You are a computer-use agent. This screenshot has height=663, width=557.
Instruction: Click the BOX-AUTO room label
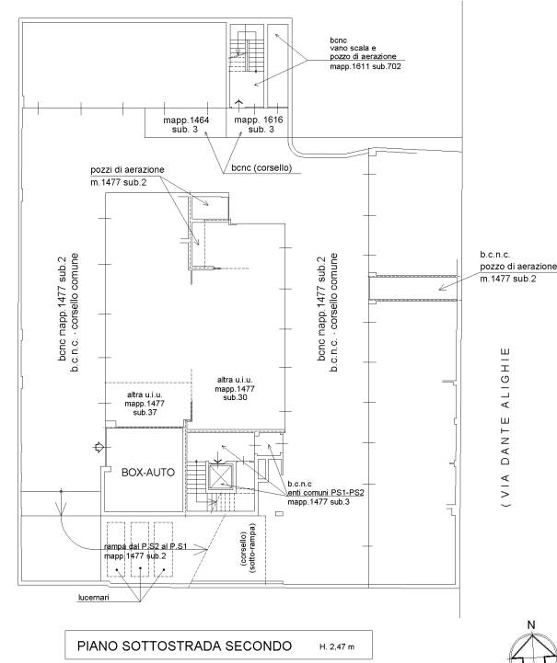click(148, 473)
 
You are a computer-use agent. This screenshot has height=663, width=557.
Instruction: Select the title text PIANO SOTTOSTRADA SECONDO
click(184, 646)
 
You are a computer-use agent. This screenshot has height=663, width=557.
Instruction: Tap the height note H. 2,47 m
click(337, 647)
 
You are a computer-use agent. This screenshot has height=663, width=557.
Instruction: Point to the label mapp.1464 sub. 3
click(186, 125)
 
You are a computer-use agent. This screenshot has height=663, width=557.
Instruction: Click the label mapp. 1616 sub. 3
click(259, 125)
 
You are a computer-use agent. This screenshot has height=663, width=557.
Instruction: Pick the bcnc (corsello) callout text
click(261, 168)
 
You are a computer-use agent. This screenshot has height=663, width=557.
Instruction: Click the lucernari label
click(94, 598)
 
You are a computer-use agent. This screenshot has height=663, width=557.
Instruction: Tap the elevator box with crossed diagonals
click(220, 476)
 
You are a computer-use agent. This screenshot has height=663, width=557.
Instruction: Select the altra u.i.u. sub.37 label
click(145, 404)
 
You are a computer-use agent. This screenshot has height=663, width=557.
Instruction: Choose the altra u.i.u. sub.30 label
click(235, 389)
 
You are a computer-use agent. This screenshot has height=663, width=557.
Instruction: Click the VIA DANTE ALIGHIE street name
click(505, 427)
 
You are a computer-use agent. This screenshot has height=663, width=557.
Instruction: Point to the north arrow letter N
click(531, 624)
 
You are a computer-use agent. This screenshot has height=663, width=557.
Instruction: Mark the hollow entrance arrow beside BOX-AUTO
click(99, 447)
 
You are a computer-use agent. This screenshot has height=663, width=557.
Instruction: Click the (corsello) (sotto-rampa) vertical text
click(249, 548)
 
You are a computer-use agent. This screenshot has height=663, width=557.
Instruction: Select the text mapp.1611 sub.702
click(366, 66)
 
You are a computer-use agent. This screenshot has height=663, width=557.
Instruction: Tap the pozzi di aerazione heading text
click(127, 170)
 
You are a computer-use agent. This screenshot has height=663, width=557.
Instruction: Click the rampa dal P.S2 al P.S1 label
click(145, 547)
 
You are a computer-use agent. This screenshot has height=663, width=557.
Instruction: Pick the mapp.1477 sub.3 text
click(319, 502)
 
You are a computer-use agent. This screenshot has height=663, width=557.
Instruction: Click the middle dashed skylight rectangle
click(140, 549)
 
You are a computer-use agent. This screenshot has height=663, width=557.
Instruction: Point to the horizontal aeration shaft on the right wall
click(413, 289)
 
